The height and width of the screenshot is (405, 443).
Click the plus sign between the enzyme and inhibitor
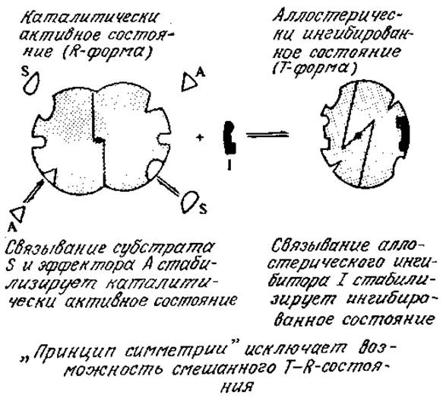pyautogui.click(x=200, y=138)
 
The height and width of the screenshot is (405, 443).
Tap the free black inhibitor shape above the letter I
pyautogui.click(x=229, y=138)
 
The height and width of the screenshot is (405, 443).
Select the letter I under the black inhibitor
pyautogui.click(x=229, y=164)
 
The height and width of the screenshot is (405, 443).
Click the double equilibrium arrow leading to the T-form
pyautogui.click(x=267, y=135)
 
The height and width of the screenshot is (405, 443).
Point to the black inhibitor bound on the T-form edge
pyautogui.click(x=403, y=132)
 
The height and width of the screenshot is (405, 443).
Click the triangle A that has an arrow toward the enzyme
pyautogui.click(x=18, y=213)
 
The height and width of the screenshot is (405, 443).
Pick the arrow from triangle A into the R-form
pyautogui.click(x=33, y=192)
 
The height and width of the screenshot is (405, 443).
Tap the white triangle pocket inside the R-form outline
pyautogui.click(x=51, y=175)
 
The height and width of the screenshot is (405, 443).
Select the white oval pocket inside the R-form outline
pyautogui.click(x=154, y=169)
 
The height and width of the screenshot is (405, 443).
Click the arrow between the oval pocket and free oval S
pyautogui.click(x=168, y=186)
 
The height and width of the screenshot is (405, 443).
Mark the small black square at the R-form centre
pyautogui.click(x=99, y=139)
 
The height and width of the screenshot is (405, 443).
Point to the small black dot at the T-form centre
pyautogui.click(x=358, y=136)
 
